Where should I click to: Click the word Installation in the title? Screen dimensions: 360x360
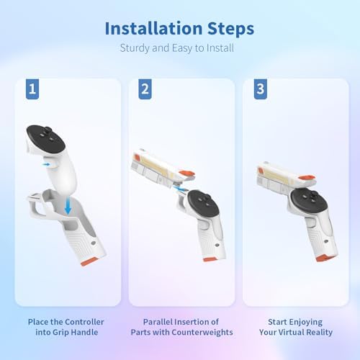(x=153, y=29)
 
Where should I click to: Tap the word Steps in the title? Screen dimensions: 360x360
(x=230, y=29)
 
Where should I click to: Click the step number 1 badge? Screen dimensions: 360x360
(x=32, y=89)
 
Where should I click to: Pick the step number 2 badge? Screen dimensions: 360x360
(x=145, y=89)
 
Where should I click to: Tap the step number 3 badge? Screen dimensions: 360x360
(x=261, y=89)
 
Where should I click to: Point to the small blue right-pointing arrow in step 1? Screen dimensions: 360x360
(x=46, y=164)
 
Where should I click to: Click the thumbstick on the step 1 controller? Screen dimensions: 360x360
(x=48, y=130)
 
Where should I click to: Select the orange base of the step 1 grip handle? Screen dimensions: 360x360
(x=89, y=261)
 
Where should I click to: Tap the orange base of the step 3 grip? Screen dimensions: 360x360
(x=323, y=258)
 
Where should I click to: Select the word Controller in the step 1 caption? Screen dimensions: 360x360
(x=84, y=322)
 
